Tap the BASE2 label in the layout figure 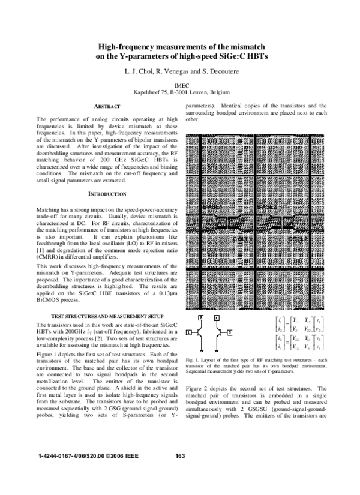click(268, 207)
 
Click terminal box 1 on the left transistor click(188, 332)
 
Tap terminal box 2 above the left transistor click(200, 316)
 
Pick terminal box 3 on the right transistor click(229, 332)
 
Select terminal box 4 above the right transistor click(217, 316)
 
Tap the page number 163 click(179, 473)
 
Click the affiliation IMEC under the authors click(180, 86)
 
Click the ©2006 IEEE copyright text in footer click(122, 473)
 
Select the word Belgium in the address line click(216, 93)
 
